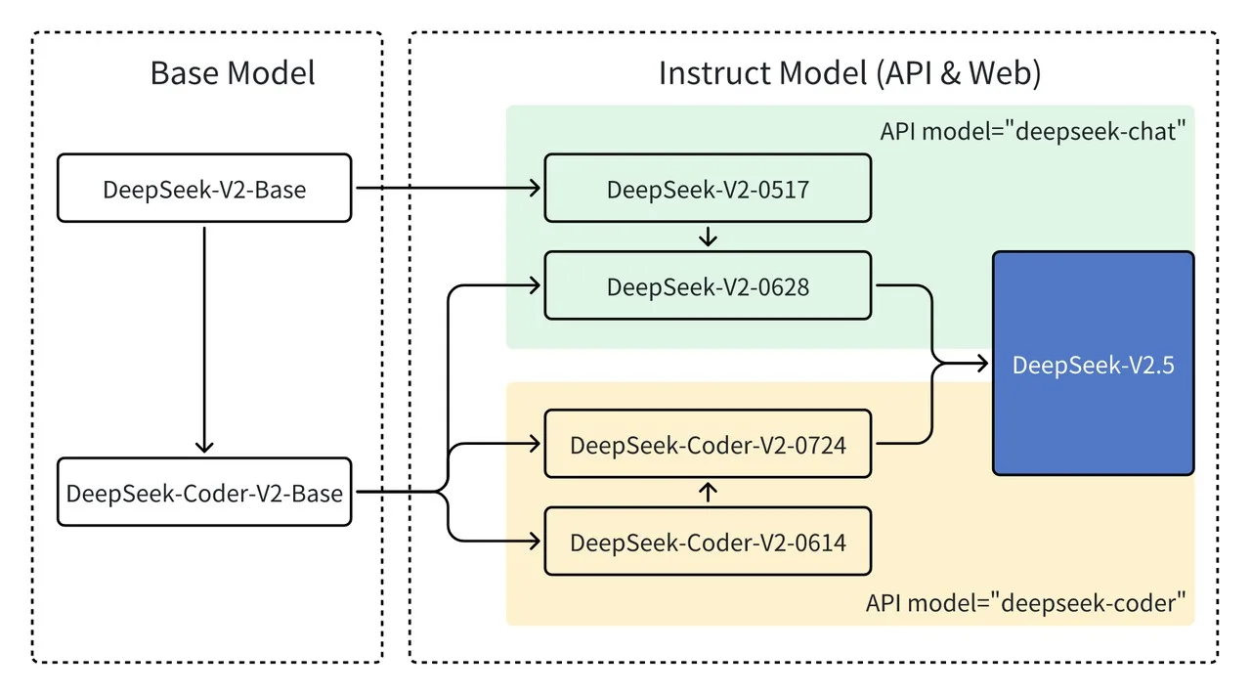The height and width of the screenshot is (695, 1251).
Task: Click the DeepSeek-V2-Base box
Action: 204,188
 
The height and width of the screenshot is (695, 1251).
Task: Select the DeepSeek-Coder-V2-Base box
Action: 204,492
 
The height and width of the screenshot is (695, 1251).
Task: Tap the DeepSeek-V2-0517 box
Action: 708,188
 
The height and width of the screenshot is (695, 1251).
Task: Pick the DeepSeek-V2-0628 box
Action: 708,285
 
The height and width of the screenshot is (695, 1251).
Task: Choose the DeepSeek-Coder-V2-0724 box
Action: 708,444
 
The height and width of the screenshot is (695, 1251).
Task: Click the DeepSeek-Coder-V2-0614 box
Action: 708,541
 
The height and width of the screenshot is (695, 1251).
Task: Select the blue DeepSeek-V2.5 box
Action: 1093,364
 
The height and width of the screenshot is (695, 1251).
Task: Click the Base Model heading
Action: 233,73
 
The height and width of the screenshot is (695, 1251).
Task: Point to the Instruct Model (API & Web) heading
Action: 849,73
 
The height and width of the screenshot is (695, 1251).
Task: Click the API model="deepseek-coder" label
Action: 1029,603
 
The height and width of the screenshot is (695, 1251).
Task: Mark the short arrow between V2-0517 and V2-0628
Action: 709,237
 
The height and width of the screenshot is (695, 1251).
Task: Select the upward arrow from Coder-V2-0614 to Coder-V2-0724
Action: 709,492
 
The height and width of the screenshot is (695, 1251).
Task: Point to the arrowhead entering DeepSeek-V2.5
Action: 982,365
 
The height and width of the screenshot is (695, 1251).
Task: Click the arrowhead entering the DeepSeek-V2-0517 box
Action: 535,188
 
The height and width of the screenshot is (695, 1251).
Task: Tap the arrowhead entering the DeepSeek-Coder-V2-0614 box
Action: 535,541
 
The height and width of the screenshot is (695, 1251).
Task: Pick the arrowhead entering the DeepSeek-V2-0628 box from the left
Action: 535,285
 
